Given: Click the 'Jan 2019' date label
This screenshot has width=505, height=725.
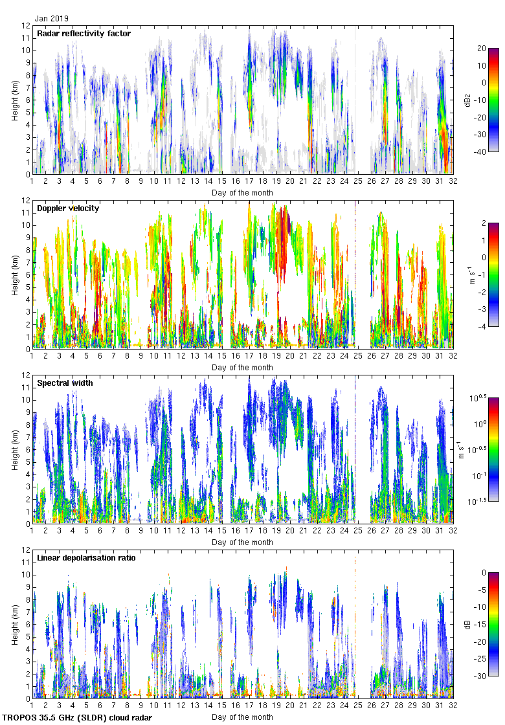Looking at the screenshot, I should click(51, 19).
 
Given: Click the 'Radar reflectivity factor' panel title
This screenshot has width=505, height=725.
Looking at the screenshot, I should click(84, 34).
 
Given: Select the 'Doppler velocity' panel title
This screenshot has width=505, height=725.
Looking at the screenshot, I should click(65, 208).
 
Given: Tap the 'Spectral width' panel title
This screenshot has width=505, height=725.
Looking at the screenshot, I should click(65, 383).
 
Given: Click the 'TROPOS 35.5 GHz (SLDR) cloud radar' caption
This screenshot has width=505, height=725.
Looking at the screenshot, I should click(78, 718).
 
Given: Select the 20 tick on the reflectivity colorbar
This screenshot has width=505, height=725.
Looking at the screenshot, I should click(482, 48).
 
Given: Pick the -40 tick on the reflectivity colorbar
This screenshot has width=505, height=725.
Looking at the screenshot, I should click(482, 152).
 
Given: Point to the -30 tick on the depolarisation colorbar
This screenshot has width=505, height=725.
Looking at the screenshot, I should click(481, 676).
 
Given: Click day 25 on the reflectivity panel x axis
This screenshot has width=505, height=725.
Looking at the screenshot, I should click(358, 182).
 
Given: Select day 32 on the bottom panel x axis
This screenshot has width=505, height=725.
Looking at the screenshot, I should click(453, 706).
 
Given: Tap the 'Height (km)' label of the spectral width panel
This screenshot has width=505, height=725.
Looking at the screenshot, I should click(14, 450).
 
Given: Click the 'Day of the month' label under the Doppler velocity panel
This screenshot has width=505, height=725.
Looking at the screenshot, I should click(243, 367).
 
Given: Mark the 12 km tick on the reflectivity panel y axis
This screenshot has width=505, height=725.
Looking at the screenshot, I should click(27, 26).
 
